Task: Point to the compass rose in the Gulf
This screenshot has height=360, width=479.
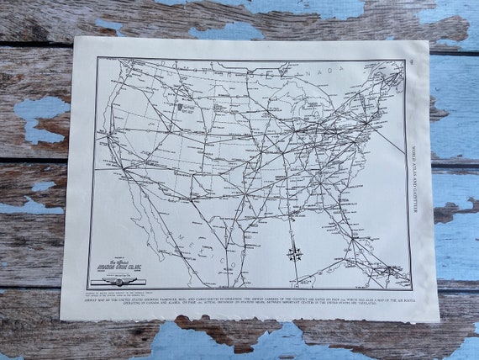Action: click(x=293, y=252)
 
